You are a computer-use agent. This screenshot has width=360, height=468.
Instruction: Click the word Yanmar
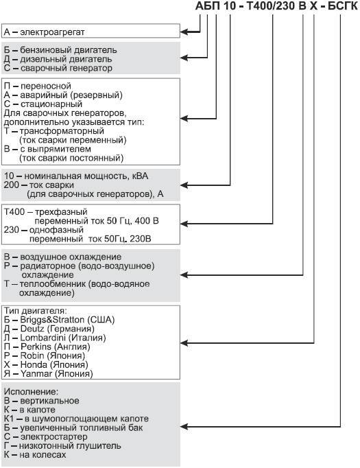(32, 374)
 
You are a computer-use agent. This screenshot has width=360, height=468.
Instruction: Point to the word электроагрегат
(52, 32)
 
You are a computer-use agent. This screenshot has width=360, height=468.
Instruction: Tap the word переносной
(44, 85)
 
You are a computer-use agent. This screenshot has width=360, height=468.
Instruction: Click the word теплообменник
(50, 283)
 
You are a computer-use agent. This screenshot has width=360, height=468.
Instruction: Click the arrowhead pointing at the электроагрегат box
(183, 32)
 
